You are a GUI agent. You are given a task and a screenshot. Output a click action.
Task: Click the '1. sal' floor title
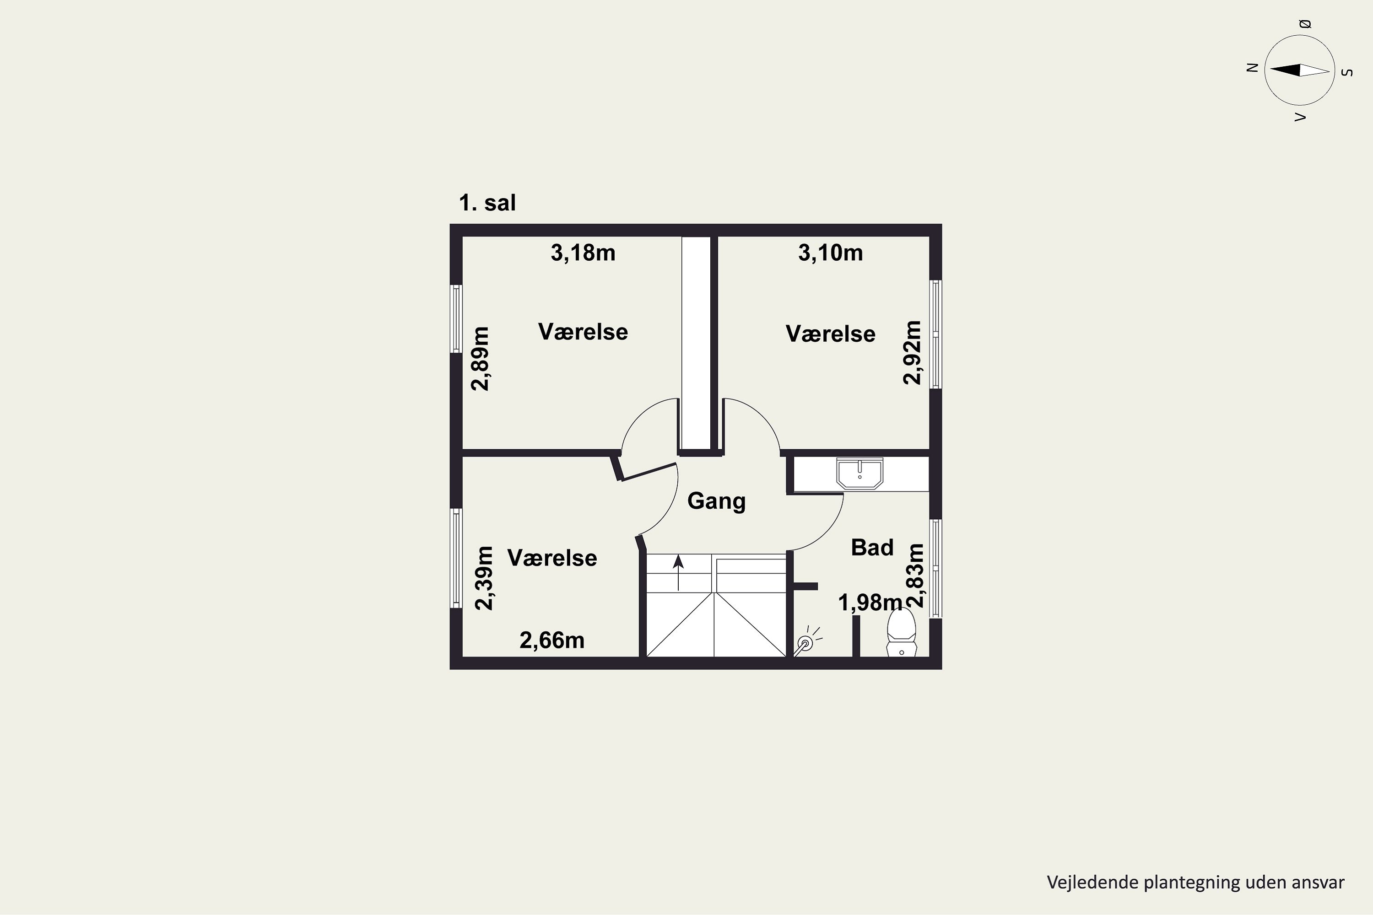pos(487,203)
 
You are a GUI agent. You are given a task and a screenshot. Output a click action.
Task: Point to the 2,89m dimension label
pos(481,359)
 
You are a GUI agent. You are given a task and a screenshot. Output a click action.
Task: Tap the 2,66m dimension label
pos(551,641)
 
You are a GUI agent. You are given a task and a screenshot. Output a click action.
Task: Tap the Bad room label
pos(872,547)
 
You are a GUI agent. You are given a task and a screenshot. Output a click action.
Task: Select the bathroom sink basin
pos(860,473)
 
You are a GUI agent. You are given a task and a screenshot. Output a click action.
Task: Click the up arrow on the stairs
pos(678,572)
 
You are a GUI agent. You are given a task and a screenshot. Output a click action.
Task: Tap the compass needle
pos(1300,70)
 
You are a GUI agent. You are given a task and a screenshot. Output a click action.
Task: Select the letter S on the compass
pos(1347,73)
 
